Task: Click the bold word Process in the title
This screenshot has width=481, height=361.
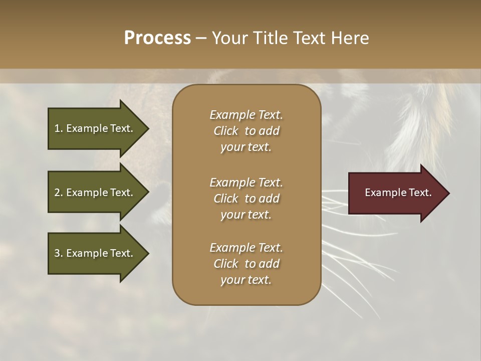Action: click(157, 38)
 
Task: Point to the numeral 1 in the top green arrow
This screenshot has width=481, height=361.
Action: click(57, 128)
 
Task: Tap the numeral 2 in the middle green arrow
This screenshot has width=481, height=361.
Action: click(57, 193)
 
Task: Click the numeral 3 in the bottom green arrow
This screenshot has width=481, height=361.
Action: click(57, 253)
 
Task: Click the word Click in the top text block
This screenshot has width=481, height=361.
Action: click(225, 131)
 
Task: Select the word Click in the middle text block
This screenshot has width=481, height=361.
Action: click(225, 199)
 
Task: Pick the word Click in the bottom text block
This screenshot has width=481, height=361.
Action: click(225, 264)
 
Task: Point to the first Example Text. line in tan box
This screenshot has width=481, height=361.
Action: click(246, 115)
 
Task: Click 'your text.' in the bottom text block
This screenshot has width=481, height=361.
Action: click(246, 280)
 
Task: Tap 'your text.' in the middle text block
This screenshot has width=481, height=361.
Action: click(246, 215)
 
